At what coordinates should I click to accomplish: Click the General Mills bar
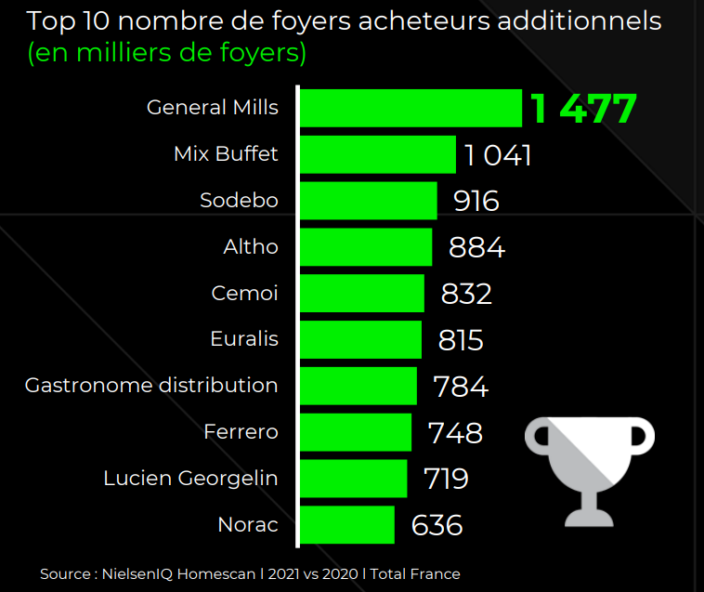click(x=411, y=108)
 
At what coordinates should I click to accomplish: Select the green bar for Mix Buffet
click(x=378, y=154)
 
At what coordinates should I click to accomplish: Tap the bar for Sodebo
click(x=368, y=201)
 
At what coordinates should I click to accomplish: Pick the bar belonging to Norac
click(x=347, y=525)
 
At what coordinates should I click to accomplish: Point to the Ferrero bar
click(x=356, y=432)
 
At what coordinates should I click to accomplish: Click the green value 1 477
click(x=583, y=108)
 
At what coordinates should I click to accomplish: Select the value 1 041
click(x=498, y=155)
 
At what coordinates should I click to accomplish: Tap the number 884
click(x=476, y=247)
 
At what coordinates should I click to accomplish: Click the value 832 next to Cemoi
click(x=466, y=294)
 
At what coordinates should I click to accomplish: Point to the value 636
click(x=437, y=525)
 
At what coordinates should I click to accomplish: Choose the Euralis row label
click(x=244, y=338)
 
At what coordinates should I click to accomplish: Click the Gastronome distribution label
click(x=151, y=385)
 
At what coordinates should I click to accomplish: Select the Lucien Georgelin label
click(x=190, y=478)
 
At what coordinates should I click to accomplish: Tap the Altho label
click(x=251, y=246)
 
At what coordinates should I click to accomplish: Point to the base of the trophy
click(x=589, y=518)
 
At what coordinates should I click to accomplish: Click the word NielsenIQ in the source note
click(x=137, y=574)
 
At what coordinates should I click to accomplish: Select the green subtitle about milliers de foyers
click(x=167, y=53)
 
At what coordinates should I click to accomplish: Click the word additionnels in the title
click(x=580, y=21)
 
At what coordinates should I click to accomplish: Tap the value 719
click(x=446, y=479)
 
